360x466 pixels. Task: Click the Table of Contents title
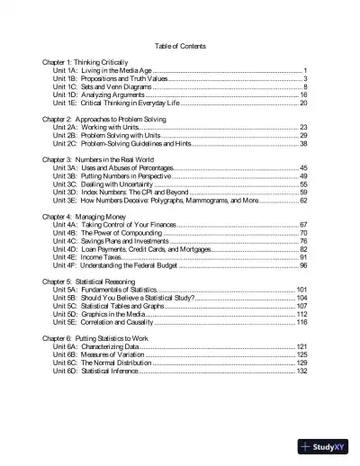pos(180,46)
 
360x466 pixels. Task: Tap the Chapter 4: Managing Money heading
pos(84,216)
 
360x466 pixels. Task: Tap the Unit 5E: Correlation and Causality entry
pos(116,322)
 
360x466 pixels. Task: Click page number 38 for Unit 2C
pos(304,144)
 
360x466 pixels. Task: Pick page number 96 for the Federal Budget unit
pos(304,265)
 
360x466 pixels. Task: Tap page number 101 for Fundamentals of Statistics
pos(302,290)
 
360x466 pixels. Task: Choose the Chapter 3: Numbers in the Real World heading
pos(100,159)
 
